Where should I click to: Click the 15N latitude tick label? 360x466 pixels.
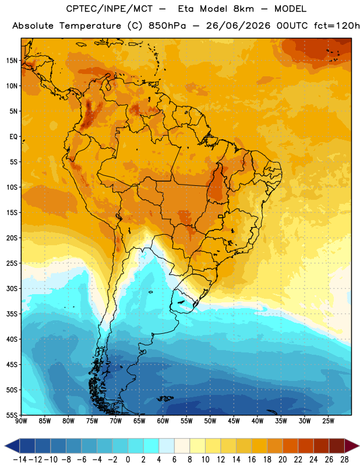pos(12,61)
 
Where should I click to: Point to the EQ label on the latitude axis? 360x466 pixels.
pos(13,137)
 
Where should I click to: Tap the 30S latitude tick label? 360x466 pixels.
pos(12,288)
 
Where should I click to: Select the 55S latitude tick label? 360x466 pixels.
pos(12,415)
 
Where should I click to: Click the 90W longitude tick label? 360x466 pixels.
pos(21,421)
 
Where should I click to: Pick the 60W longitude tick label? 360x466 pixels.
pos(163,421)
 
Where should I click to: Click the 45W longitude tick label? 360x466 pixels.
pos(234,421)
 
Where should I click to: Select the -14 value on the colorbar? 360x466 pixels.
pos(20,460)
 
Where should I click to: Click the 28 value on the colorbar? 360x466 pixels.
pos(344,460)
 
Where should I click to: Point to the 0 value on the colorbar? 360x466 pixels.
pos(128,460)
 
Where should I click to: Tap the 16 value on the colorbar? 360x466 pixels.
pos(252,460)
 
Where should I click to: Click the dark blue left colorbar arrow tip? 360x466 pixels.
pos(5,446)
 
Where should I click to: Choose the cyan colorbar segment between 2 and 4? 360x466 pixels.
pos(151,446)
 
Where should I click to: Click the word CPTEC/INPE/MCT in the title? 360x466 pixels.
pos(110,9)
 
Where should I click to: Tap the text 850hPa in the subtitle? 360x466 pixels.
pos(167,26)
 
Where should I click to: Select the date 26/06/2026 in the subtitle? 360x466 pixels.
pos(238,26)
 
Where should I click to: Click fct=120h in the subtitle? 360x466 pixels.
pos(337,26)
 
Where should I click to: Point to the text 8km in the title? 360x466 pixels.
pos(243,9)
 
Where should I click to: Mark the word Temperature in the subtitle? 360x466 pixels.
pos(90,26)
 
